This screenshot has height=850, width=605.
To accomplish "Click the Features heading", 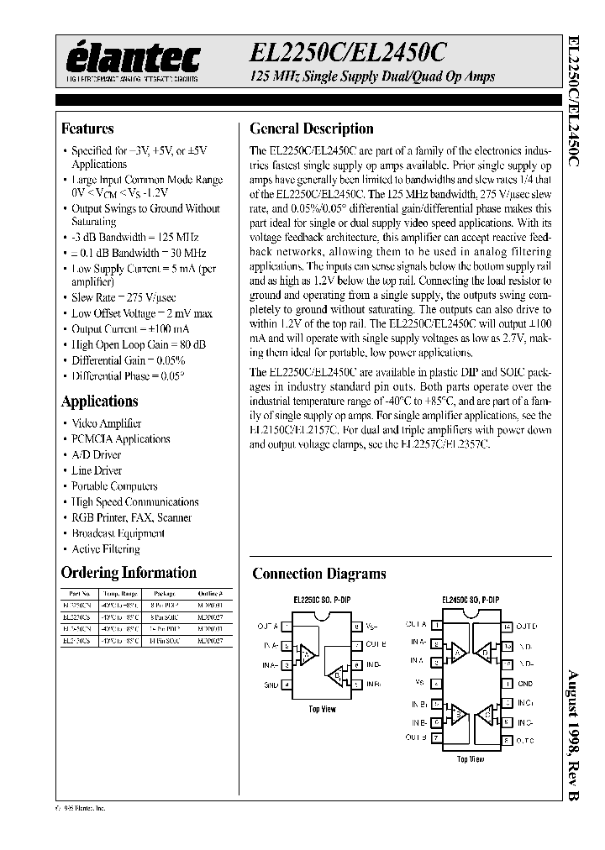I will click(87, 129).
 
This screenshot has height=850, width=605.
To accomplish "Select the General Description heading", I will click(312, 129).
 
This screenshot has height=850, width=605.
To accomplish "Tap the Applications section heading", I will click(98, 401).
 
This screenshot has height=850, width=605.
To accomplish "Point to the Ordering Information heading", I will click(129, 573).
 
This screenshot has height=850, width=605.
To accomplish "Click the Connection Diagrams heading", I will click(319, 575).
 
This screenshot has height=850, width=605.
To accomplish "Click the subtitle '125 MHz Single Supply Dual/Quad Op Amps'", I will click(372, 76).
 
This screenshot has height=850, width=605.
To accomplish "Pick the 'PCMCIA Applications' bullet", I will click(121, 439).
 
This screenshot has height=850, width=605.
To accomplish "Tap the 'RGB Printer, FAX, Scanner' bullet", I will click(131, 517).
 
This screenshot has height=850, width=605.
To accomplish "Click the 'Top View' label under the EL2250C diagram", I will click(323, 709).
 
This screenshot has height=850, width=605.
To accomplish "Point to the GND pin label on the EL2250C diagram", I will click(271, 684).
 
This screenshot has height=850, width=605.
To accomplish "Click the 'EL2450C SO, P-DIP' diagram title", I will click(471, 600).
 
